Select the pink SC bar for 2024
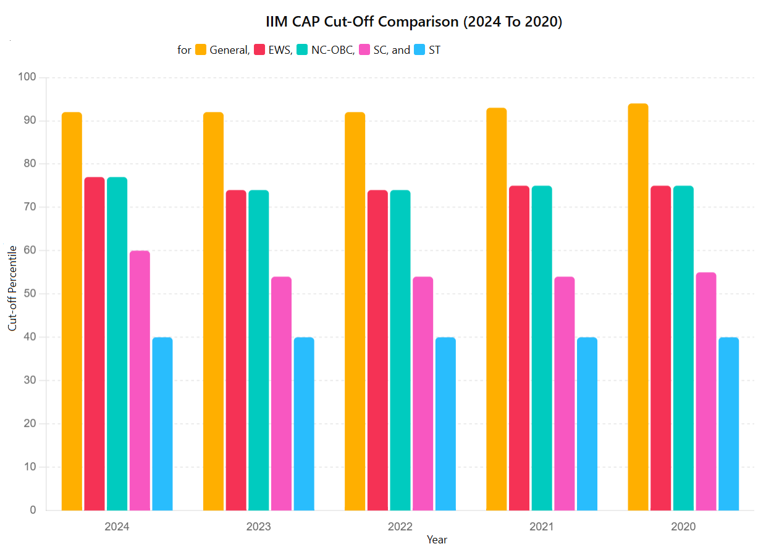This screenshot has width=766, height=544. click(140, 380)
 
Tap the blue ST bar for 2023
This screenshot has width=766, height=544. click(304, 423)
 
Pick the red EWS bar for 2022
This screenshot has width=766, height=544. click(377, 350)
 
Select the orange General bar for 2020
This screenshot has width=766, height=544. click(638, 307)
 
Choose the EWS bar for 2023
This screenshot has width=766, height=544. click(236, 350)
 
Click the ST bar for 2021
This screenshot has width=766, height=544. click(587, 423)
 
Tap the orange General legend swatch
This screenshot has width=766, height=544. click(201, 50)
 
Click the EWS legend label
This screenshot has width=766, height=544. click(280, 50)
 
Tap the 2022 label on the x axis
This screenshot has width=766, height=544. click(400, 527)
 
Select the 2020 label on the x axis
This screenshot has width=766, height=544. click(683, 527)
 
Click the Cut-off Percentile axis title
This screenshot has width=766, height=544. click(12, 287)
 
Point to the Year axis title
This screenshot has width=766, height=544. click(437, 539)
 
